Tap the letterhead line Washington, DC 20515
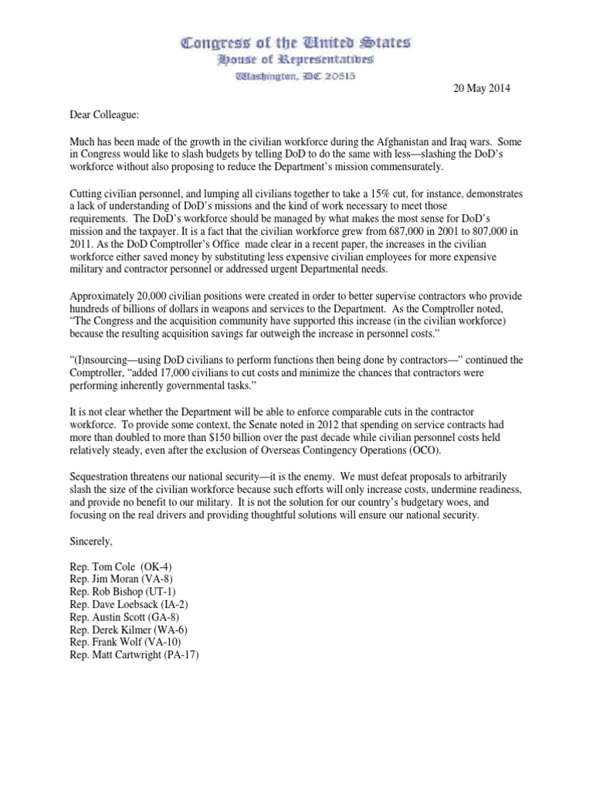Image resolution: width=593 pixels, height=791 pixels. [296, 76]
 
